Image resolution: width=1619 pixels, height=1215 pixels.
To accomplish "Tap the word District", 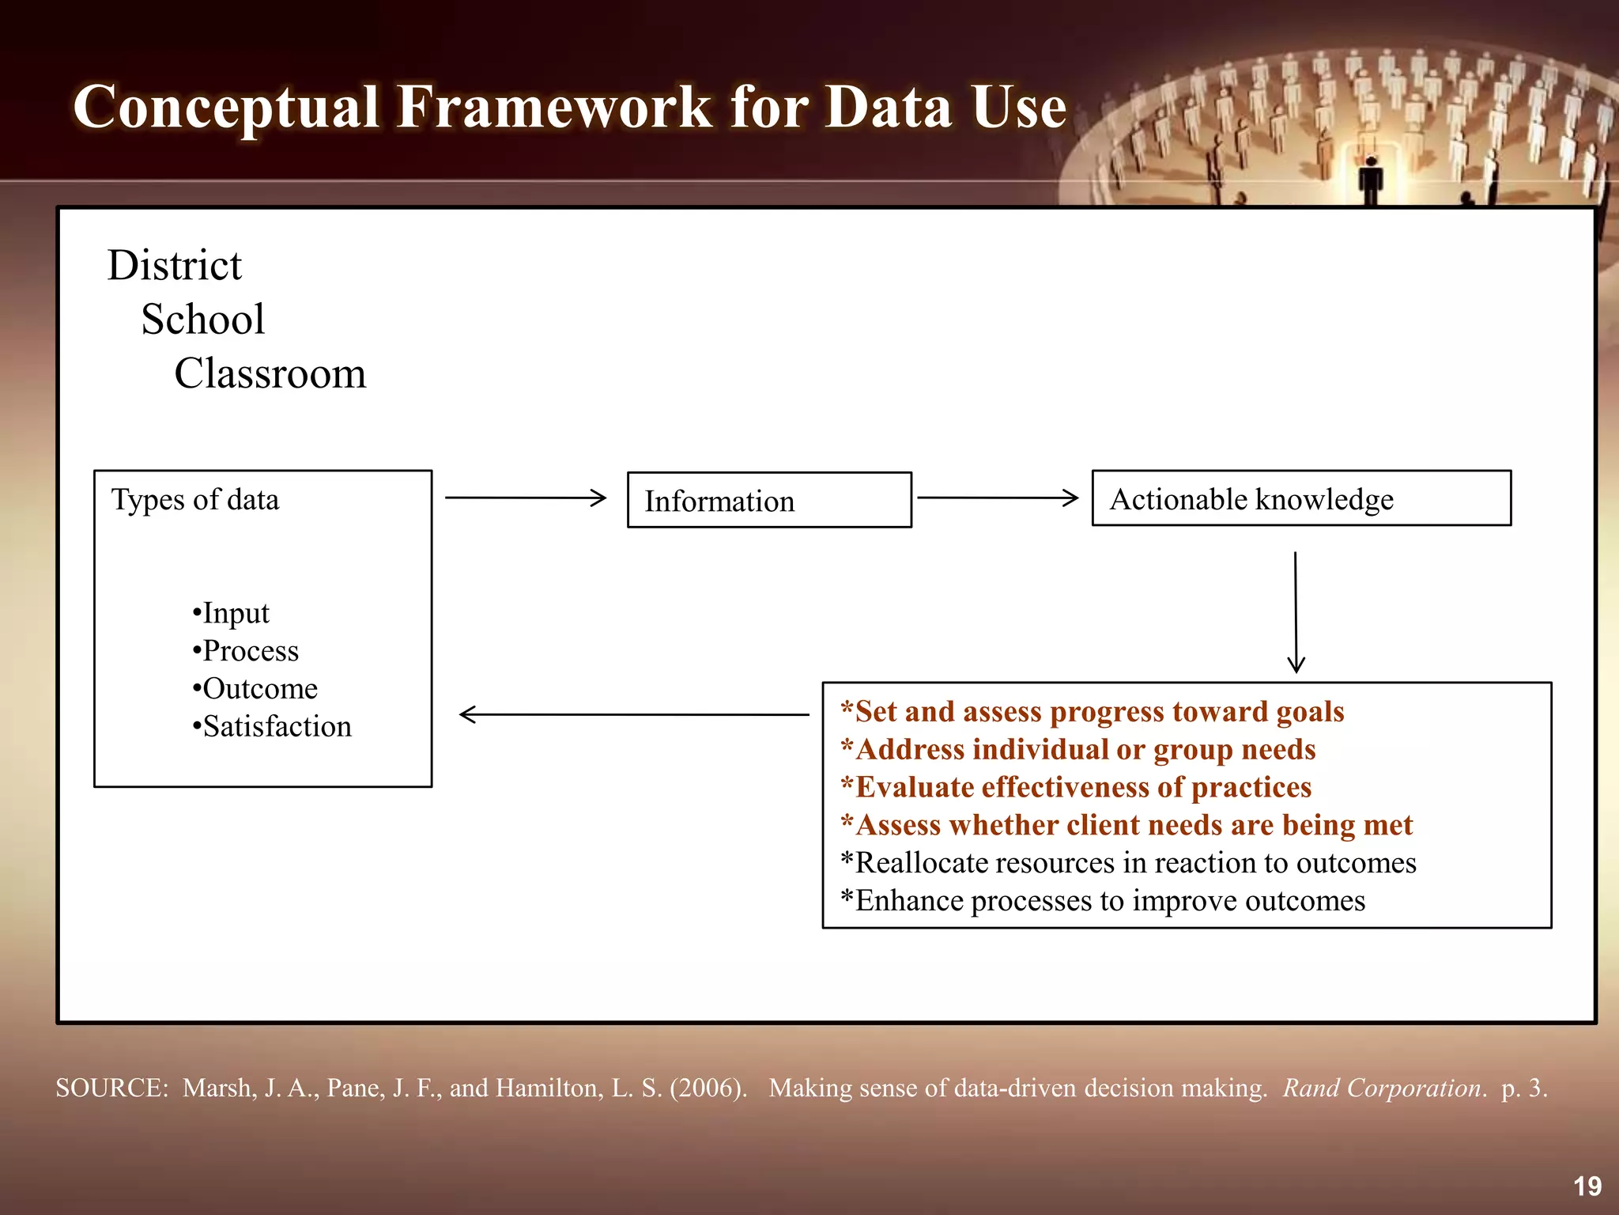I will click(x=174, y=266).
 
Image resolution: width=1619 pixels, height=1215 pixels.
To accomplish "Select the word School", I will click(x=203, y=320).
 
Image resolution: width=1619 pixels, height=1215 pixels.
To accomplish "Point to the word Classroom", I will click(x=270, y=373).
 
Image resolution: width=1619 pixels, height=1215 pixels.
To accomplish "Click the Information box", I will click(x=768, y=500).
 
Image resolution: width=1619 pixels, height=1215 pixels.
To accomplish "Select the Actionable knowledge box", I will click(x=1300, y=498).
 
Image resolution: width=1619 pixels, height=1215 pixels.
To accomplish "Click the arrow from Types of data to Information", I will click(x=526, y=498).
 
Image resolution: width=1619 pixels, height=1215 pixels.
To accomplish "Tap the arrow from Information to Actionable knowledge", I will click(x=998, y=498).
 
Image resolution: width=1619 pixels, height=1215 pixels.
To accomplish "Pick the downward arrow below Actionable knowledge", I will click(x=1296, y=613).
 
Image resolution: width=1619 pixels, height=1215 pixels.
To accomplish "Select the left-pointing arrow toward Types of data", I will click(x=632, y=714).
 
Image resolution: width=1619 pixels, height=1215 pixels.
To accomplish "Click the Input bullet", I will click(x=231, y=613).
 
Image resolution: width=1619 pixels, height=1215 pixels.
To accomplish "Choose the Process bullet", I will click(x=246, y=651).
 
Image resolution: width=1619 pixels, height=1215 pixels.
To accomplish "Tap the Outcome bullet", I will click(x=255, y=689).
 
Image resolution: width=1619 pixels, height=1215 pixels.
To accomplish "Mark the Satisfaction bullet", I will click(x=272, y=727).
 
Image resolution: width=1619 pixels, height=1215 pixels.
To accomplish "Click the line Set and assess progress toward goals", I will click(x=1092, y=712).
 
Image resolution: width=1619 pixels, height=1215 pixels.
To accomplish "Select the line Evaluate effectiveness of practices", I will click(x=1076, y=788).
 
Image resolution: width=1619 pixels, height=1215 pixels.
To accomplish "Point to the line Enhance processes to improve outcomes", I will click(x=1103, y=901).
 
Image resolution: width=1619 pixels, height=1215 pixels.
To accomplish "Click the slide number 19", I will click(x=1587, y=1186).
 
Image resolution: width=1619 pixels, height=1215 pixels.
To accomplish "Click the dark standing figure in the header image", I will click(x=1370, y=180).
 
